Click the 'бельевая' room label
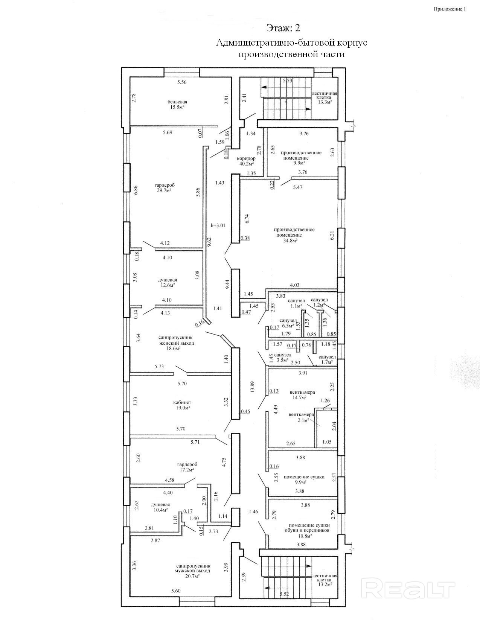point(177,102)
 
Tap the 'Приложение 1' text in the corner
point(450,9)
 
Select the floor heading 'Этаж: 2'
point(283,28)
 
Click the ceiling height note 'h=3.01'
point(218,225)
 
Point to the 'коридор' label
point(246,158)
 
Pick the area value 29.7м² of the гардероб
point(165,190)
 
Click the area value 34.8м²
point(290,240)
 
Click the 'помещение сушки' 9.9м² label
point(304,477)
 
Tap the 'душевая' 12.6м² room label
point(167,280)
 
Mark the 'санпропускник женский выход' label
point(176,340)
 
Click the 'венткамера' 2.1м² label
point(301,415)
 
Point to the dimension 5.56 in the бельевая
point(182,82)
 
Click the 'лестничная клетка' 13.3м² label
point(324,95)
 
